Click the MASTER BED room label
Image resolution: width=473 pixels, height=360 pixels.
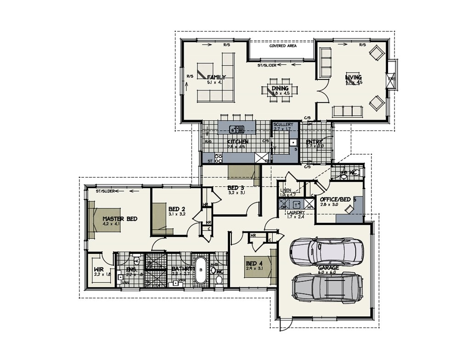point(120,219)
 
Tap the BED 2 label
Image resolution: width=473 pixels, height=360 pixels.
point(176,208)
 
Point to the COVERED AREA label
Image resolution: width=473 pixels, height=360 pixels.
point(282,46)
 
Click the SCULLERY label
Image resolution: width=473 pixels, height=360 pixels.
point(283,125)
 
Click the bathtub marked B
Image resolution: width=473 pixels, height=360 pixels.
point(201,270)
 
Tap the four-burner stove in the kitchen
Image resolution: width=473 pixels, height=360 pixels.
point(219,158)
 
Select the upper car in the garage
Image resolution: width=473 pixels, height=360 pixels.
point(327,251)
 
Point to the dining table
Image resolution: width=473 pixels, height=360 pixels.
point(280,89)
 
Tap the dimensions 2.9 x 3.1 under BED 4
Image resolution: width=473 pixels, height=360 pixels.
point(254,268)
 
